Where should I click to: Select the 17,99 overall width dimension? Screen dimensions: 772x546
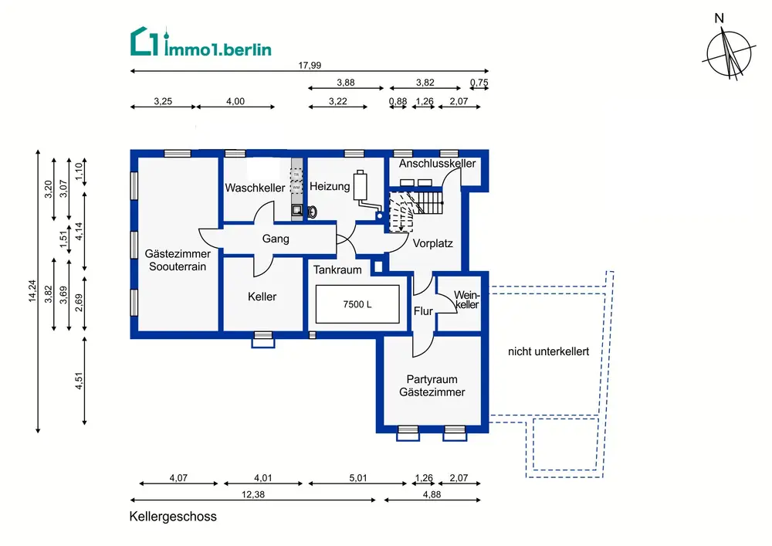click(310, 66)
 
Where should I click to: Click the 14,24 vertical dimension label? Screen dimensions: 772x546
click(32, 291)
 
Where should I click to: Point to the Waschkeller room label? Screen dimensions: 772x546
click(255, 188)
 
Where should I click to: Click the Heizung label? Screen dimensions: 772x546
click(330, 186)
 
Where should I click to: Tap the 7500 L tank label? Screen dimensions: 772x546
click(357, 304)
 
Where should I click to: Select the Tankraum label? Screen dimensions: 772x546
click(337, 270)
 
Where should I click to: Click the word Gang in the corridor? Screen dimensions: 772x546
click(276, 239)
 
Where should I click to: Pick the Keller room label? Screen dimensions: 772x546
click(262, 297)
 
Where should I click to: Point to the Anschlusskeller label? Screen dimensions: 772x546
click(437, 164)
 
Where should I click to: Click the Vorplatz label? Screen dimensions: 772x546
click(432, 243)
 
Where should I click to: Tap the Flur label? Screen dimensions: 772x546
click(423, 311)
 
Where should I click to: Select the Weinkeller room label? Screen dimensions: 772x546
click(466, 300)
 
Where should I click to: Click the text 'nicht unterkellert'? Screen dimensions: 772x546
click(548, 351)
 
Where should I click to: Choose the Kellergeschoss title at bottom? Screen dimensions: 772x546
click(173, 517)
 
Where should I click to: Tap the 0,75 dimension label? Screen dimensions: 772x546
click(479, 83)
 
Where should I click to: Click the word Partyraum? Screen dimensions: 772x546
click(432, 379)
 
